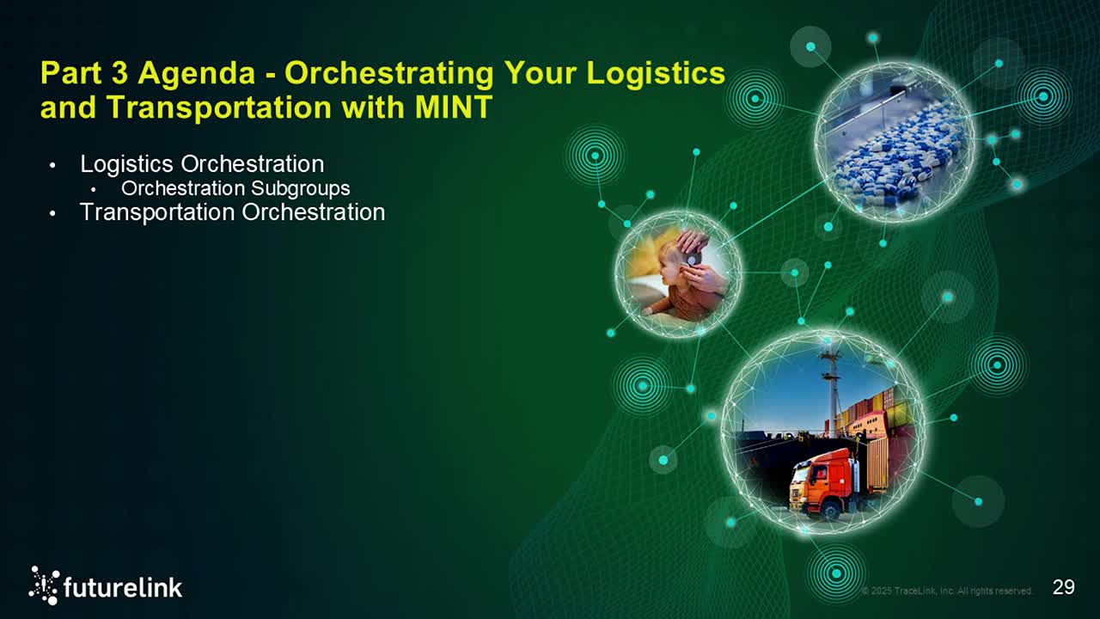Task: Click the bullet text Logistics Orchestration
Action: click(202, 163)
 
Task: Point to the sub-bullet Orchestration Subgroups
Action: click(235, 187)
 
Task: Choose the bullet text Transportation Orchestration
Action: click(232, 211)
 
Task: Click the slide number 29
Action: click(1063, 587)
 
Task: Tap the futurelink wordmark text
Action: click(123, 588)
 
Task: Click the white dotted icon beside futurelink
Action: click(45, 585)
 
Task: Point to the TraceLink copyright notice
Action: click(946, 591)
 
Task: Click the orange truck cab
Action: click(822, 478)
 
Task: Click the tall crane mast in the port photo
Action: click(831, 387)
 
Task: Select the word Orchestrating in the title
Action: click(388, 73)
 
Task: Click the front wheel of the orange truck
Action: click(831, 509)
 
